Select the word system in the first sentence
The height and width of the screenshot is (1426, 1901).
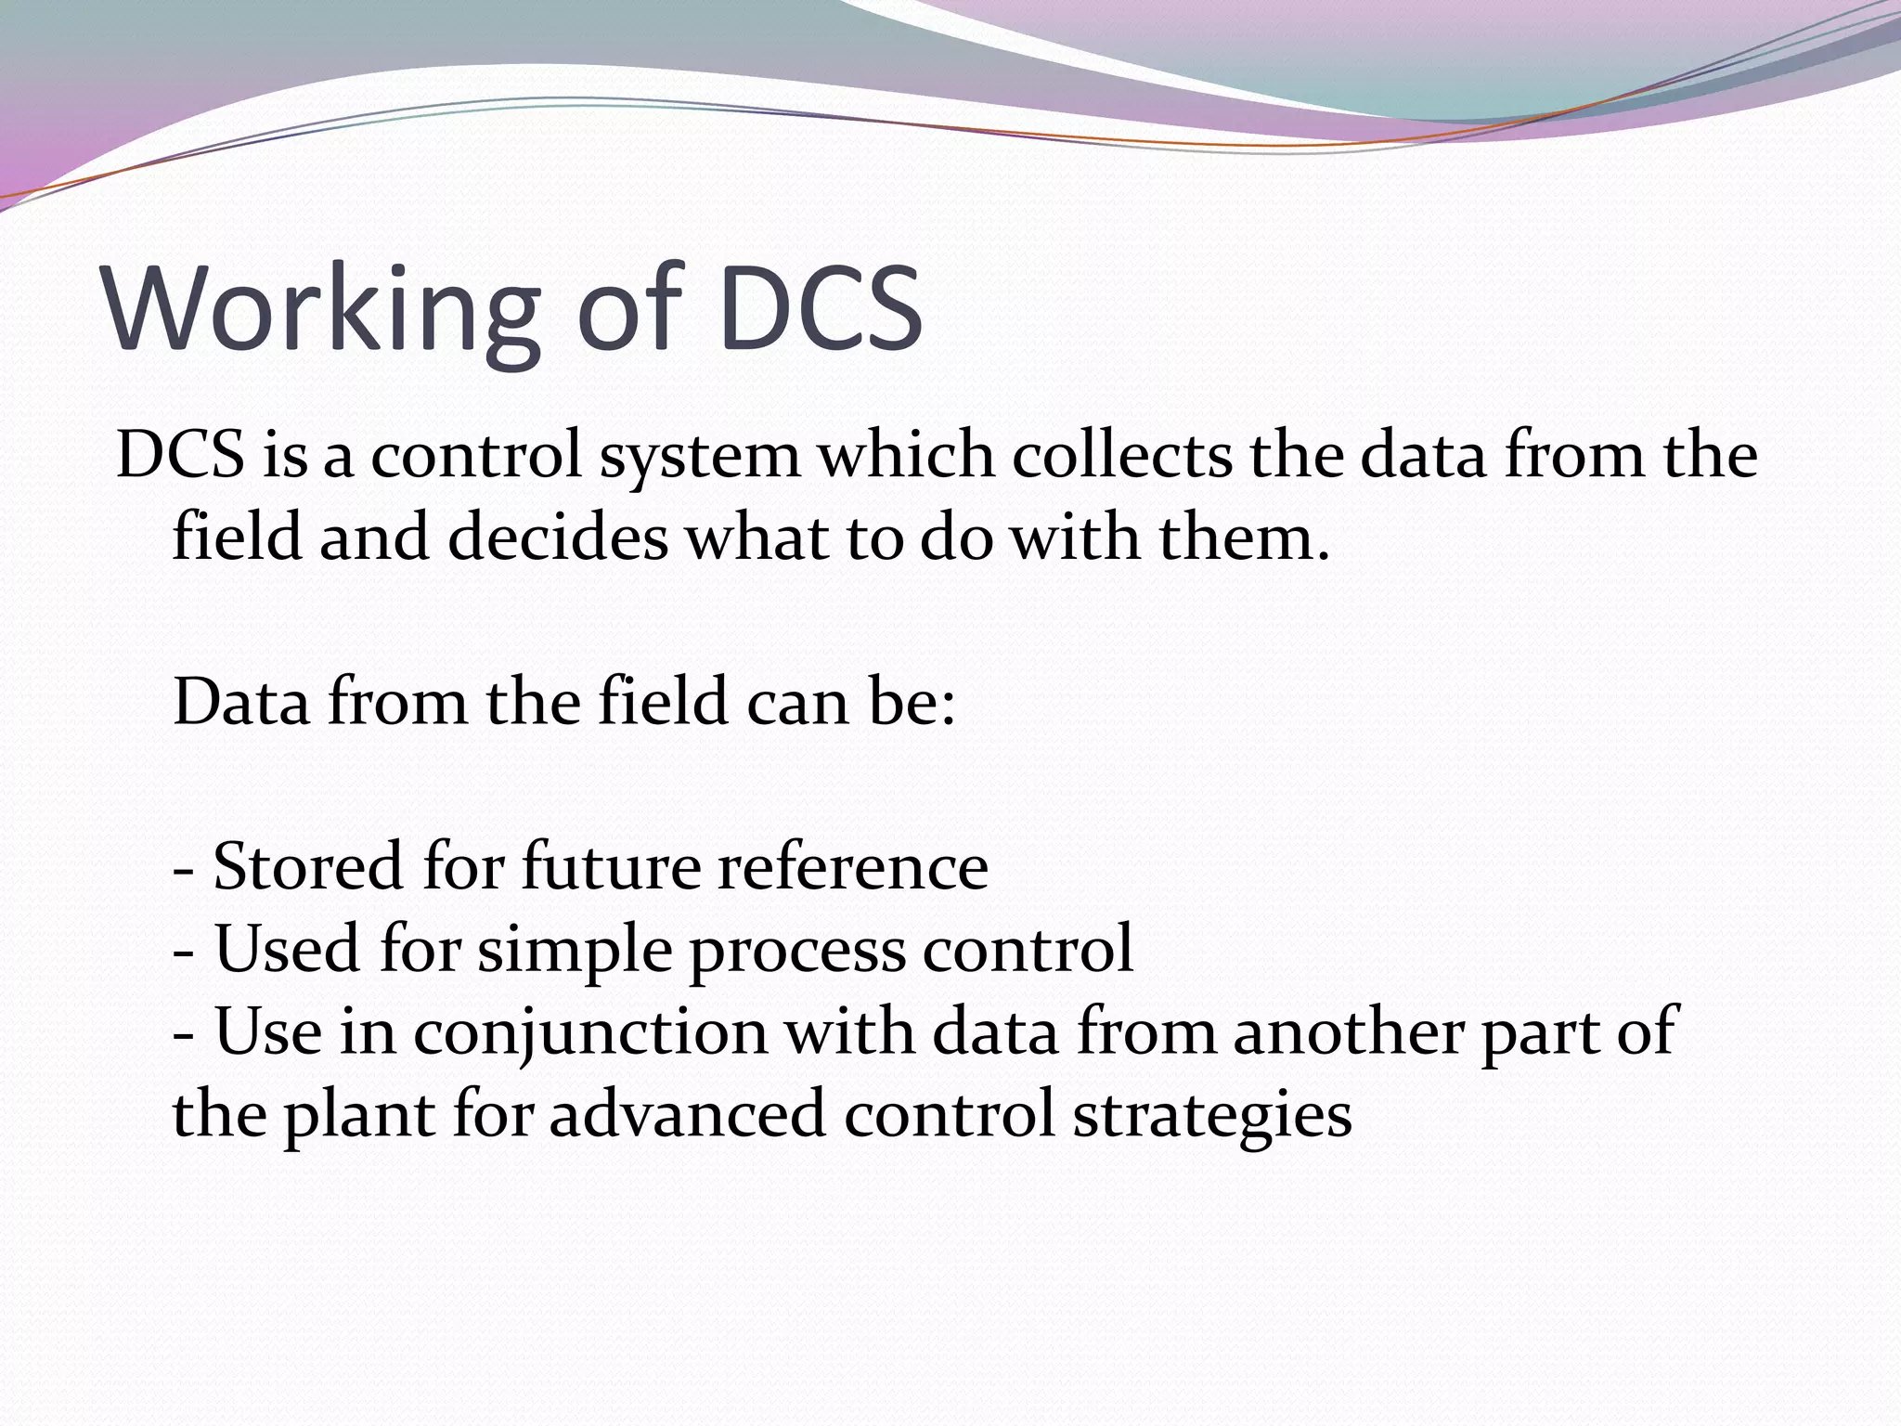(699, 457)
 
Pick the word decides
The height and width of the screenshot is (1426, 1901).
(557, 538)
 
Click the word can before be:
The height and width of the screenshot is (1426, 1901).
(797, 703)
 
